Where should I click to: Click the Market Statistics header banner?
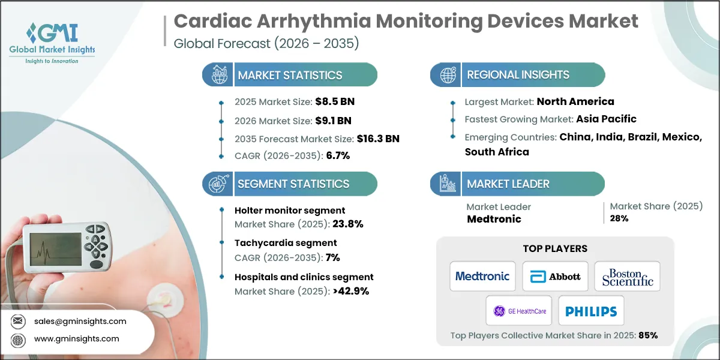290,75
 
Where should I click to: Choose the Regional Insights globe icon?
447,75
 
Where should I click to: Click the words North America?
575,101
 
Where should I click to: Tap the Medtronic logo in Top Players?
482,277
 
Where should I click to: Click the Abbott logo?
555,277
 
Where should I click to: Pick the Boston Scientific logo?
627,277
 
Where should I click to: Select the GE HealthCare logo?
518,311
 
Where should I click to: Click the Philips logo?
591,311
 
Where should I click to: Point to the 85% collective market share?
648,335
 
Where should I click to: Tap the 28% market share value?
619,218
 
